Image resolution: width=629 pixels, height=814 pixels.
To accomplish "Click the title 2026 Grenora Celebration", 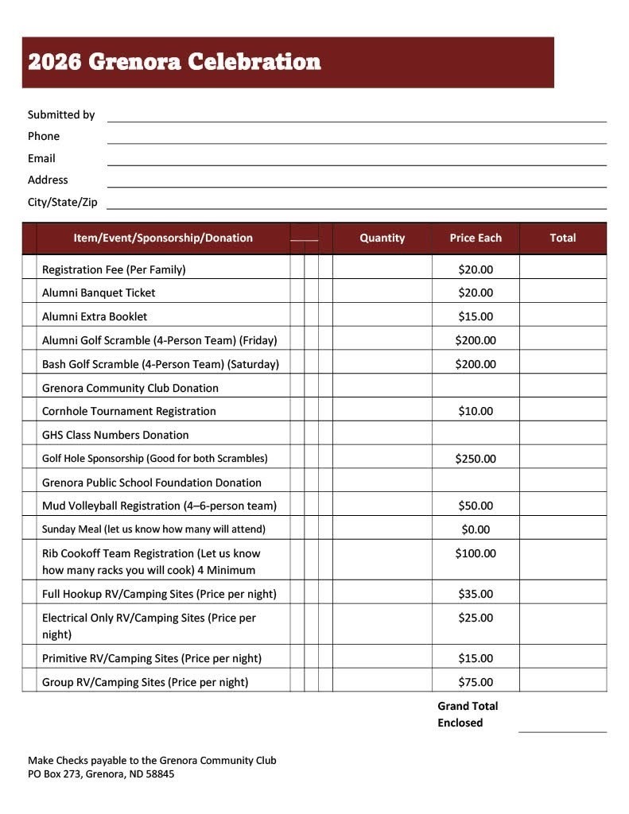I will (x=174, y=62).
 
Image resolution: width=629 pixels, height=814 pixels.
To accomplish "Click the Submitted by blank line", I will (x=356, y=117).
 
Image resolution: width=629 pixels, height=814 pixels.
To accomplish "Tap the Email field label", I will (x=41, y=158).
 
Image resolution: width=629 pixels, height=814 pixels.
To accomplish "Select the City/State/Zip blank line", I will (x=356, y=204).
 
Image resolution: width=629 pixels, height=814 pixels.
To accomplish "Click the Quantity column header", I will (x=382, y=238).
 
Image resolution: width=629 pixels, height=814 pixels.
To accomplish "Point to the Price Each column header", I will (x=476, y=238).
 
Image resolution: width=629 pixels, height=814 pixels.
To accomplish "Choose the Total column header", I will (x=562, y=238).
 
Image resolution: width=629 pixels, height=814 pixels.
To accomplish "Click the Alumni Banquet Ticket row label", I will (x=99, y=293).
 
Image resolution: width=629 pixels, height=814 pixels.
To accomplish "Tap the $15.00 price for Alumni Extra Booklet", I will (x=476, y=316).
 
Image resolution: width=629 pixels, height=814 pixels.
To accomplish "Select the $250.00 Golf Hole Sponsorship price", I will (x=476, y=459).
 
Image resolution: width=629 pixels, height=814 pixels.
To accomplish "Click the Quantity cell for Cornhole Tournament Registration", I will (x=382, y=411).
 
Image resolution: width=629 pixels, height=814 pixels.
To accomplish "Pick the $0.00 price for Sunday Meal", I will (x=476, y=529).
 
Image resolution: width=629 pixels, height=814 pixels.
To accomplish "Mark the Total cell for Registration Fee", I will (x=562, y=269).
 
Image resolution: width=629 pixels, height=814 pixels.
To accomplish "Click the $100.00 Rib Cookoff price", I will (x=476, y=553).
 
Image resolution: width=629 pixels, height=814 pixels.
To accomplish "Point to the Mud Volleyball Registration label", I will (x=159, y=506).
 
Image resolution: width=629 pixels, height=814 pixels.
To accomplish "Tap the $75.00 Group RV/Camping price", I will (x=476, y=682).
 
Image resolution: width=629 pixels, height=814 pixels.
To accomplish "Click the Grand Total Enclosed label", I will (x=468, y=714).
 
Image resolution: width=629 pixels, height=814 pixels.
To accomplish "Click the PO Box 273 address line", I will (x=101, y=773).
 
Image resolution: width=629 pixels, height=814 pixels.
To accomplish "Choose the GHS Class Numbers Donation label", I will (x=115, y=435).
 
